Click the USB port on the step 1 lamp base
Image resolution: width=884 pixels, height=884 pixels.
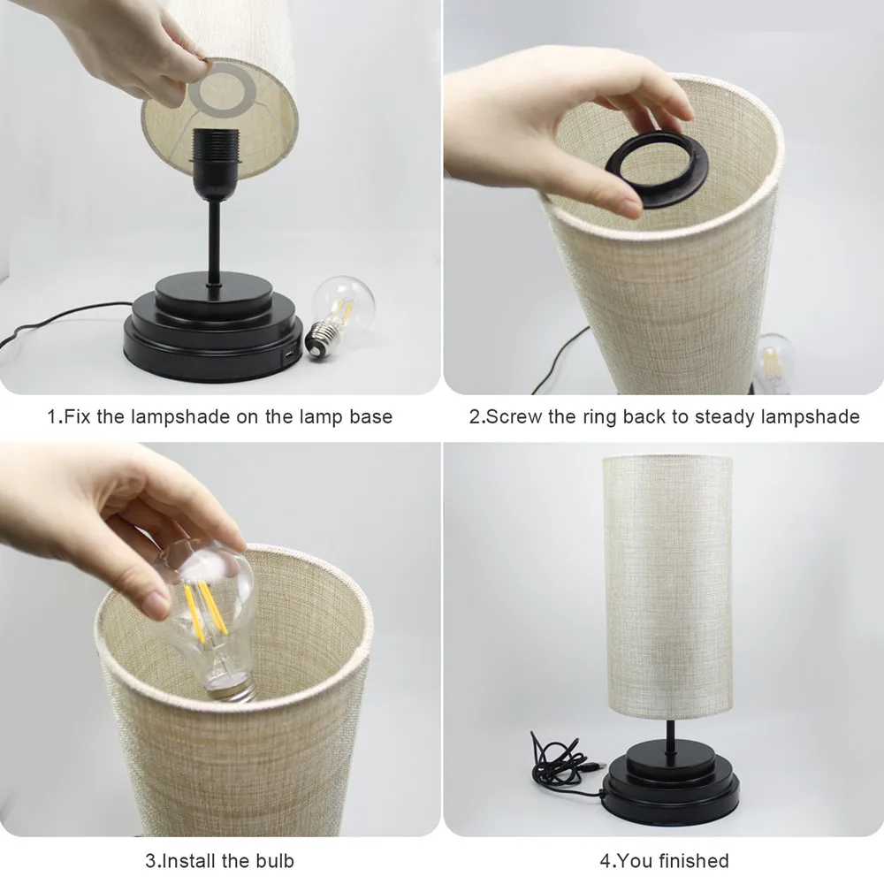pyautogui.click(x=288, y=355)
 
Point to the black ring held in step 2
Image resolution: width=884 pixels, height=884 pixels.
pyautogui.click(x=656, y=172)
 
